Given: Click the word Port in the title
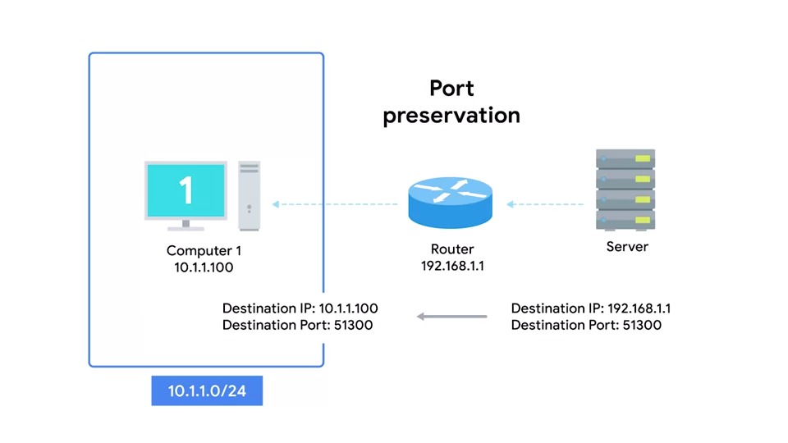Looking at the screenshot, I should coord(451,88).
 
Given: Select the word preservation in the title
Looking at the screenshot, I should coord(451,116).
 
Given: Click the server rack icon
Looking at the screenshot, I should coord(625,190).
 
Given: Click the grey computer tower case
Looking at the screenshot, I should coord(250,195).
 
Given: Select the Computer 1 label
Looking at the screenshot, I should coord(204,251).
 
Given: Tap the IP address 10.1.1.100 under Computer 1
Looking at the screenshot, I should coord(204,267).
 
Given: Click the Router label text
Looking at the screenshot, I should coord(451,249).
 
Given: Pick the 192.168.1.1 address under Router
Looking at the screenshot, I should coord(451,266).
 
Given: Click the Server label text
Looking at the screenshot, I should coord(627,247).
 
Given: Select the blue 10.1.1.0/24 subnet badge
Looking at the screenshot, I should coord(207,391).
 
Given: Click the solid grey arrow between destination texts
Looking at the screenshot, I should coord(451,317).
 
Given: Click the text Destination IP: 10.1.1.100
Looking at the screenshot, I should coord(300,308).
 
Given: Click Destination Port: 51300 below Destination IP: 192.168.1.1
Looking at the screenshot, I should coord(586,325).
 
